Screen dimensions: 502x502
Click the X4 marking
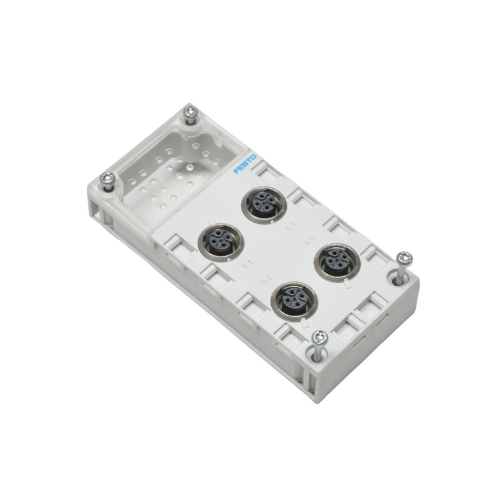point(308,240)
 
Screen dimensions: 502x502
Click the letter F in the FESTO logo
point(236,170)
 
